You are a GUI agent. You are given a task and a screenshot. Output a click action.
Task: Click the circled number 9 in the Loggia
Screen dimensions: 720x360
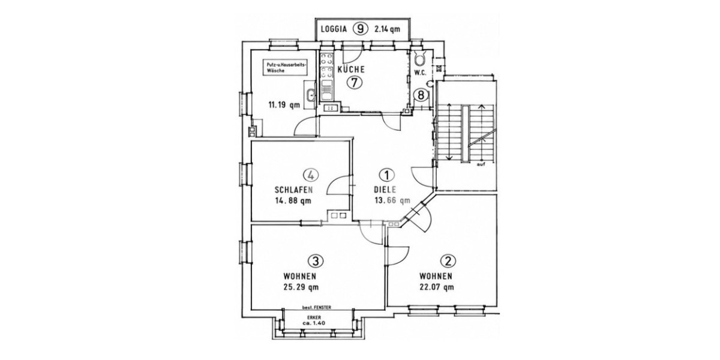pos(361,29)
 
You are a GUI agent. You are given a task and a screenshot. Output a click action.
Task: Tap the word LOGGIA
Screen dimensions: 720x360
pos(334,29)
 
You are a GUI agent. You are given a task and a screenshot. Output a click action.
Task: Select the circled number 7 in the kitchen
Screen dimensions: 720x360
pos(355,83)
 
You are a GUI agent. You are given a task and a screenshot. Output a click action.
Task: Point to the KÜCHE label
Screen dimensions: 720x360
pos(351,70)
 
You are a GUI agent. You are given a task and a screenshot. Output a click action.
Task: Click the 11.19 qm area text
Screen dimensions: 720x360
pos(284,105)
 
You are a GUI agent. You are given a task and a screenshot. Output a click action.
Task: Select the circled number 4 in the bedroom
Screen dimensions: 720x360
pos(311,175)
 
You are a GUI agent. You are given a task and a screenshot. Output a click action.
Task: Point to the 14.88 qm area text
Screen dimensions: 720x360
pos(293,201)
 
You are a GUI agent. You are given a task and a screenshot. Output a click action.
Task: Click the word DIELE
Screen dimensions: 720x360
pos(385,190)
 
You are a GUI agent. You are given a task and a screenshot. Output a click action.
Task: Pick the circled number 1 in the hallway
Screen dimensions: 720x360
pos(387,175)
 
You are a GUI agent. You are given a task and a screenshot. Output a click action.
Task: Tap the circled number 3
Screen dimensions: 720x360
pos(316,261)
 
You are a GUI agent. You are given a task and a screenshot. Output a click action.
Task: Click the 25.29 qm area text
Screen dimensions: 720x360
pos(301,287)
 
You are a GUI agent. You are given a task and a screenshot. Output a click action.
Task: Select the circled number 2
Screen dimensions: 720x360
pos(449,261)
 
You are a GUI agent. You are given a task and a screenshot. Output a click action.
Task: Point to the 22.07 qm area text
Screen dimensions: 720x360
pos(437,287)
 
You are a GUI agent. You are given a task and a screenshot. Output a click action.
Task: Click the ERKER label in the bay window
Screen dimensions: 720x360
pos(316,317)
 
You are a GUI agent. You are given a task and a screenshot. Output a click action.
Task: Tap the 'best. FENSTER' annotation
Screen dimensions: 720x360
pos(317,308)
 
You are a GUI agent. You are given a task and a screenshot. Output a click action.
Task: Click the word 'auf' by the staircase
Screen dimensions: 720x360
pos(481,164)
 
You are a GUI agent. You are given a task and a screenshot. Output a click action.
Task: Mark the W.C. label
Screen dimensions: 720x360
pos(420,73)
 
